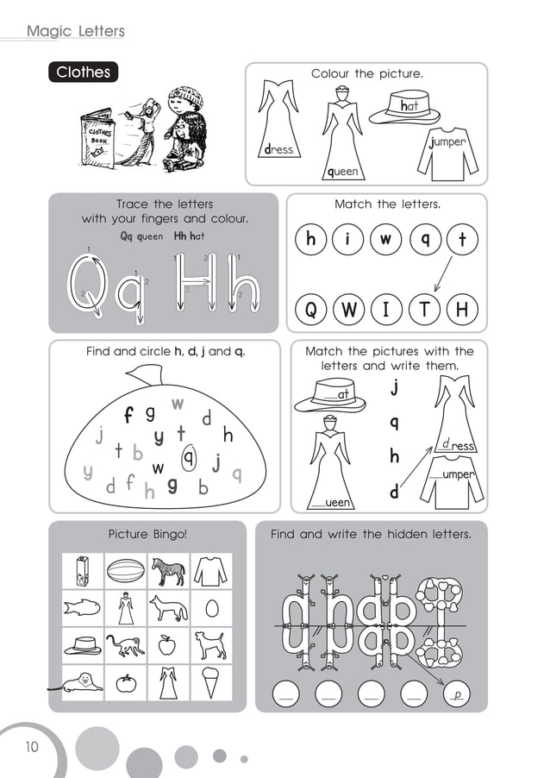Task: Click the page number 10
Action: (32, 747)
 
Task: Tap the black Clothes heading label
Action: (83, 72)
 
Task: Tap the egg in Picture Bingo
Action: (211, 608)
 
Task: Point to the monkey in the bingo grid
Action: (125, 644)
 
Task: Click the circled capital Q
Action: (311, 311)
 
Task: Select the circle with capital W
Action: (349, 311)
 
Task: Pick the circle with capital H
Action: (462, 311)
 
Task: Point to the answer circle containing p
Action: (459, 693)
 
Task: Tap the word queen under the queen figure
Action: (342, 172)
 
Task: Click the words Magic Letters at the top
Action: (76, 32)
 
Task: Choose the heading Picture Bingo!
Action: (147, 535)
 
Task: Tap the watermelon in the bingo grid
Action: (126, 570)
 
